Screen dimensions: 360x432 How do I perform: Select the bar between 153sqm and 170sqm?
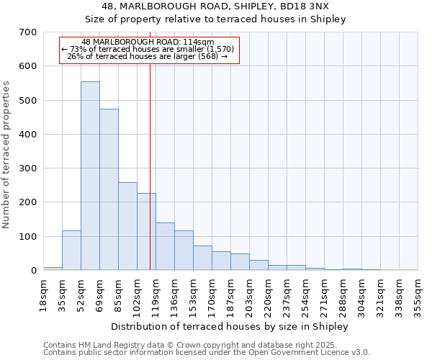pos(202,258)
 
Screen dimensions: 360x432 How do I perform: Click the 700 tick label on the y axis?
pos(28,32)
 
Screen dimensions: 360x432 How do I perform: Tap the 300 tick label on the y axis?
pos(28,168)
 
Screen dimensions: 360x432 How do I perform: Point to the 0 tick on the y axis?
pos(34,271)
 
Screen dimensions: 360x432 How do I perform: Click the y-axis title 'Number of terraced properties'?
pos(7,154)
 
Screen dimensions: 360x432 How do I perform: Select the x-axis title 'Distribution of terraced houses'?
pos(230,327)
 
